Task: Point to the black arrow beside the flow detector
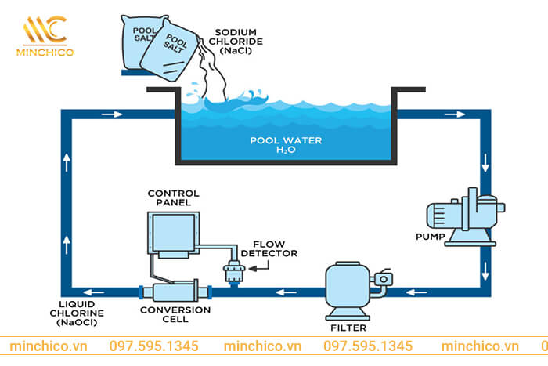(263, 268)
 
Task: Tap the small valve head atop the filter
(382, 278)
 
